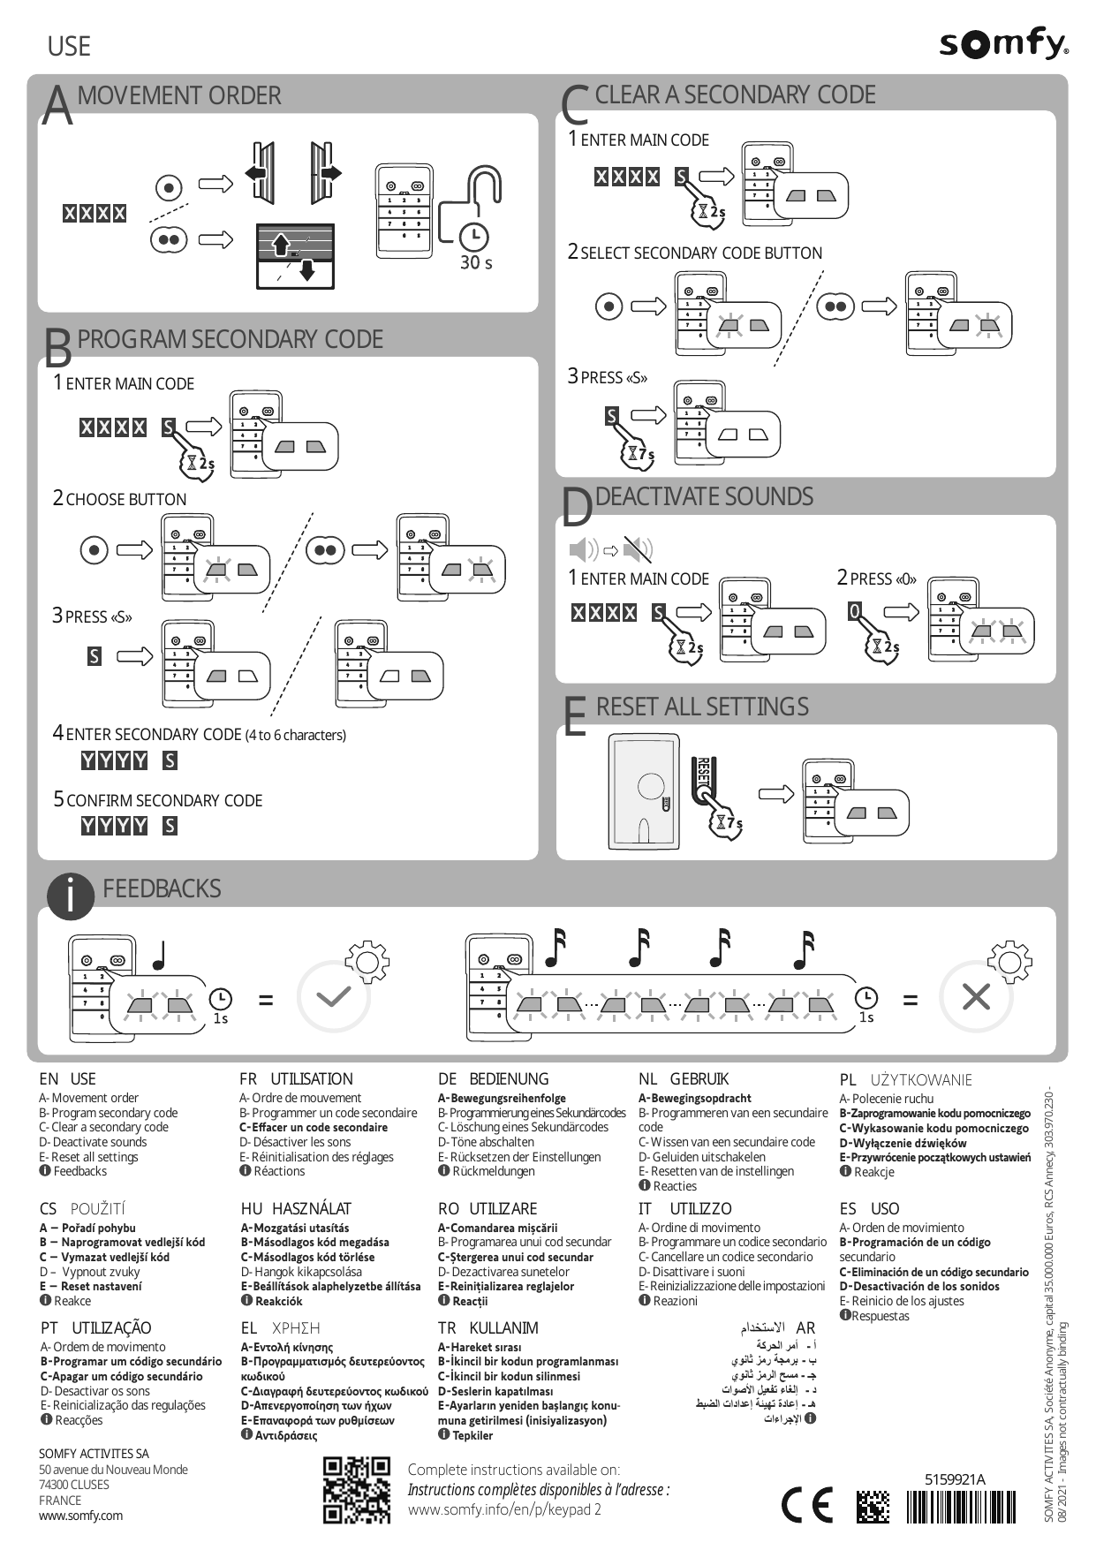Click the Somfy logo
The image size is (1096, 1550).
click(1004, 45)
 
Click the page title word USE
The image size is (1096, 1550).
click(69, 46)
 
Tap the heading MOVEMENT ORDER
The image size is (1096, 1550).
click(179, 95)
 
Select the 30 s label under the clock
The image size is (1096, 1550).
click(476, 262)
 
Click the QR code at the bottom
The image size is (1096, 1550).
click(357, 1490)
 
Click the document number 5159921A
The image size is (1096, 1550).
click(955, 1479)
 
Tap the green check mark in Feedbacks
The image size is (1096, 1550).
click(334, 997)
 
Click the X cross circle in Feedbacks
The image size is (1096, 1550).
click(976, 997)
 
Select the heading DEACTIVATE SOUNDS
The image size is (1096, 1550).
click(704, 496)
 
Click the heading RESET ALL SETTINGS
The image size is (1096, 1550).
click(702, 707)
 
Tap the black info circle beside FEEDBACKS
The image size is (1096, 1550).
click(69, 895)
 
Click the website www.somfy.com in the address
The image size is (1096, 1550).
click(80, 1516)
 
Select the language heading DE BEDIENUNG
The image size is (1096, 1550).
click(493, 1079)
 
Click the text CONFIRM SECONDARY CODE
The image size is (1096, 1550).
click(164, 801)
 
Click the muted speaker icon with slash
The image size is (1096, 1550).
click(638, 549)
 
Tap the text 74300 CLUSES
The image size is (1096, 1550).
click(74, 1485)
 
